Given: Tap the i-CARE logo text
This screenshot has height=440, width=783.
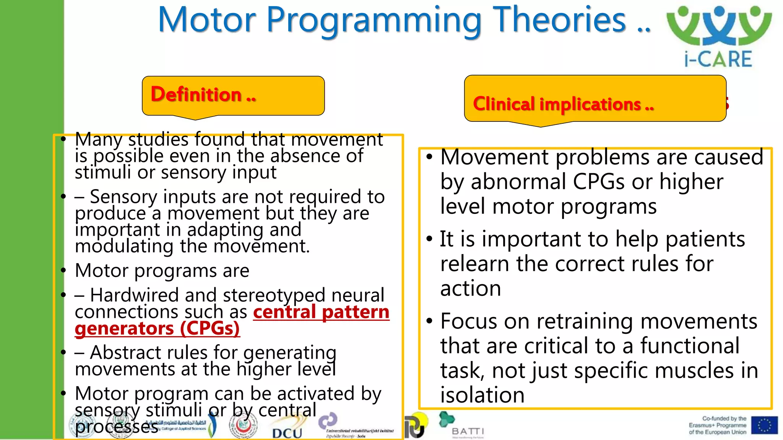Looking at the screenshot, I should [718, 60].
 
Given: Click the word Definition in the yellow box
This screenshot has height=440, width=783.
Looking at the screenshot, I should [196, 94].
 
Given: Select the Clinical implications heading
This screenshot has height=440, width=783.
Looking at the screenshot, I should [563, 104].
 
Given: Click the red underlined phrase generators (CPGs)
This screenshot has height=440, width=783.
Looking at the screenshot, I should [157, 328].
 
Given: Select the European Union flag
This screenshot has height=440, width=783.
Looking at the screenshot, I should [764, 425].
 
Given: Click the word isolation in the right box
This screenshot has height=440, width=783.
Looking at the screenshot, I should [482, 395].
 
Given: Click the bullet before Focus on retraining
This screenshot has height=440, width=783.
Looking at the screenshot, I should [429, 321].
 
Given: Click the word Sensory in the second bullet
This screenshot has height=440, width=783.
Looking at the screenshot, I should [123, 197].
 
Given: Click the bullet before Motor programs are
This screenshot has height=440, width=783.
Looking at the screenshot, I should [63, 270].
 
